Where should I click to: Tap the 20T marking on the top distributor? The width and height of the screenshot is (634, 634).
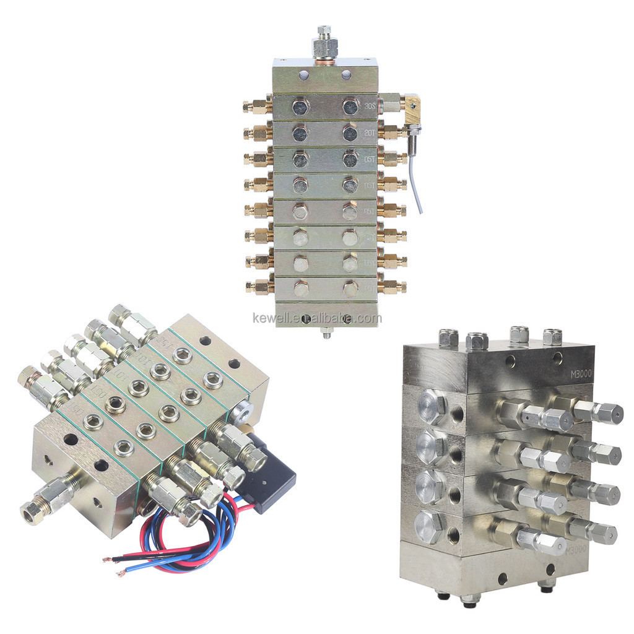tap(370, 132)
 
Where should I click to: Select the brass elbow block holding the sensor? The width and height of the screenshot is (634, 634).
tap(410, 109)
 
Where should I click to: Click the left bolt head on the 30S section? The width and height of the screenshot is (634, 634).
tap(300, 107)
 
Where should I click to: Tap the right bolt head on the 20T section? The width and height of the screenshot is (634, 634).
tap(350, 133)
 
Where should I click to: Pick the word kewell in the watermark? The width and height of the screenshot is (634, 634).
tap(272, 319)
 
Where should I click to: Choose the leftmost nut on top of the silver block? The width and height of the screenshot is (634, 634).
tap(448, 338)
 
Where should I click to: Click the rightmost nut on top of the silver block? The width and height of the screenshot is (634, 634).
tap(552, 336)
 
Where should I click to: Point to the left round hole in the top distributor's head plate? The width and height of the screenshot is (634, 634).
tap(303, 75)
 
